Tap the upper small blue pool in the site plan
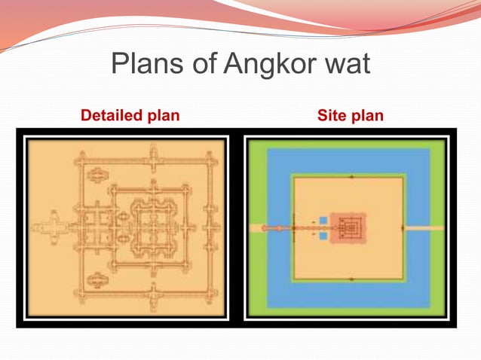click(x=323, y=220)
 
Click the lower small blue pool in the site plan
click(x=323, y=236)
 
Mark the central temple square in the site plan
click(x=348, y=227)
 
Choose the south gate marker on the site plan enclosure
click(x=351, y=279)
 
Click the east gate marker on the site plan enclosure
click(x=403, y=227)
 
